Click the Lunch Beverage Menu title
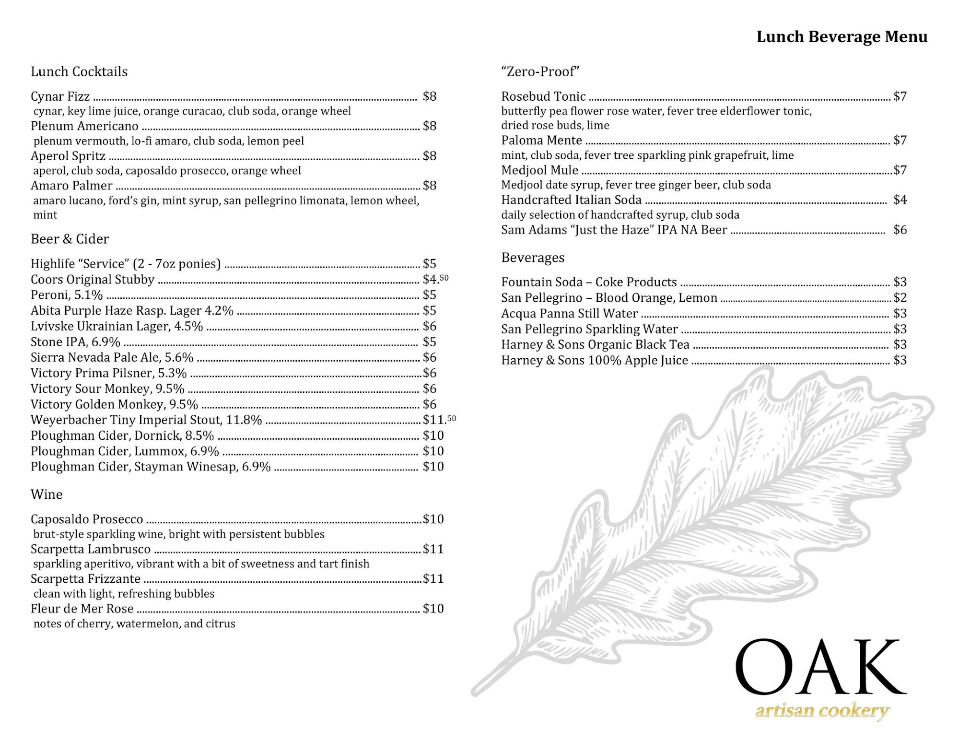click(x=842, y=37)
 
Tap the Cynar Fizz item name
click(x=60, y=96)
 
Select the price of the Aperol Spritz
click(x=429, y=156)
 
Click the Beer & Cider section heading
click(x=70, y=239)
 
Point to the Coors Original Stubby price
click(x=435, y=279)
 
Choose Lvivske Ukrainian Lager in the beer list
click(x=117, y=326)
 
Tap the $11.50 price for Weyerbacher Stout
click(x=439, y=420)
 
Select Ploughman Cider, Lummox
click(x=125, y=451)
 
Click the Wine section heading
click(x=47, y=494)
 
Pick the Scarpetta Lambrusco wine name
click(x=91, y=549)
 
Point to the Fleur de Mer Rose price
click(x=433, y=609)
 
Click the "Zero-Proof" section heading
click(x=540, y=72)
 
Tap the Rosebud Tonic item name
click(x=543, y=96)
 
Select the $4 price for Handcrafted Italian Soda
click(x=900, y=200)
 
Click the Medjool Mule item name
click(x=539, y=170)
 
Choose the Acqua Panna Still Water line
click(x=569, y=314)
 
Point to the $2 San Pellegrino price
click(x=900, y=298)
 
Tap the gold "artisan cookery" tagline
click(x=822, y=711)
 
